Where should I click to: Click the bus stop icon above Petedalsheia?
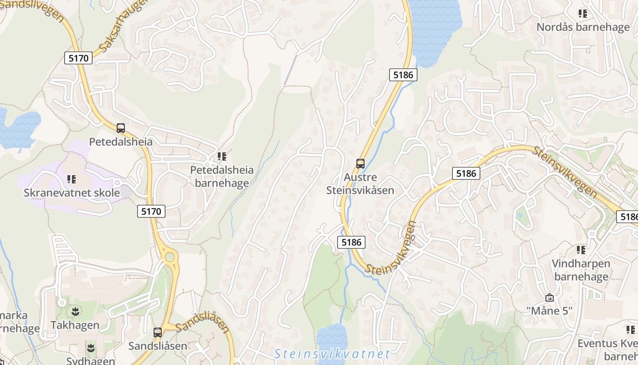pyautogui.click(x=121, y=128)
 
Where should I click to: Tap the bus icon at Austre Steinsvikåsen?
pyautogui.click(x=360, y=163)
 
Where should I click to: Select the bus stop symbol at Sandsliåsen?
pyautogui.click(x=158, y=332)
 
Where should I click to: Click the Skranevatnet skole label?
pyautogui.click(x=72, y=193)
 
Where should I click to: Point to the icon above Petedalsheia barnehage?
pyautogui.click(x=222, y=157)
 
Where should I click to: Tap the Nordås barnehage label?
pyautogui.click(x=583, y=27)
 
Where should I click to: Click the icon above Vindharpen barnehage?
pyautogui.click(x=581, y=250)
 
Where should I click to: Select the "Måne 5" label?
pyautogui.click(x=549, y=311)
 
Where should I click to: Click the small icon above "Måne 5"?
pyautogui.click(x=550, y=297)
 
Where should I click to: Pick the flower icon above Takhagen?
pyautogui.click(x=75, y=312)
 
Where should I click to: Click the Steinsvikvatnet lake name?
pyautogui.click(x=333, y=354)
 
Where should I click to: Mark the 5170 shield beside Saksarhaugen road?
pyautogui.click(x=78, y=58)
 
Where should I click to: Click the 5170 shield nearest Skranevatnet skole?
pyautogui.click(x=151, y=211)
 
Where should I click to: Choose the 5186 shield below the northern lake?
pyautogui.click(x=403, y=75)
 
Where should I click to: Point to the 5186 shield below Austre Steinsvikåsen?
pyautogui.click(x=351, y=242)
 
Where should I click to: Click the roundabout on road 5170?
pyautogui.click(x=170, y=257)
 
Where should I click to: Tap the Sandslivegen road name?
pyautogui.click(x=32, y=9)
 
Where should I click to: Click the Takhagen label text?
pyautogui.click(x=75, y=325)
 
